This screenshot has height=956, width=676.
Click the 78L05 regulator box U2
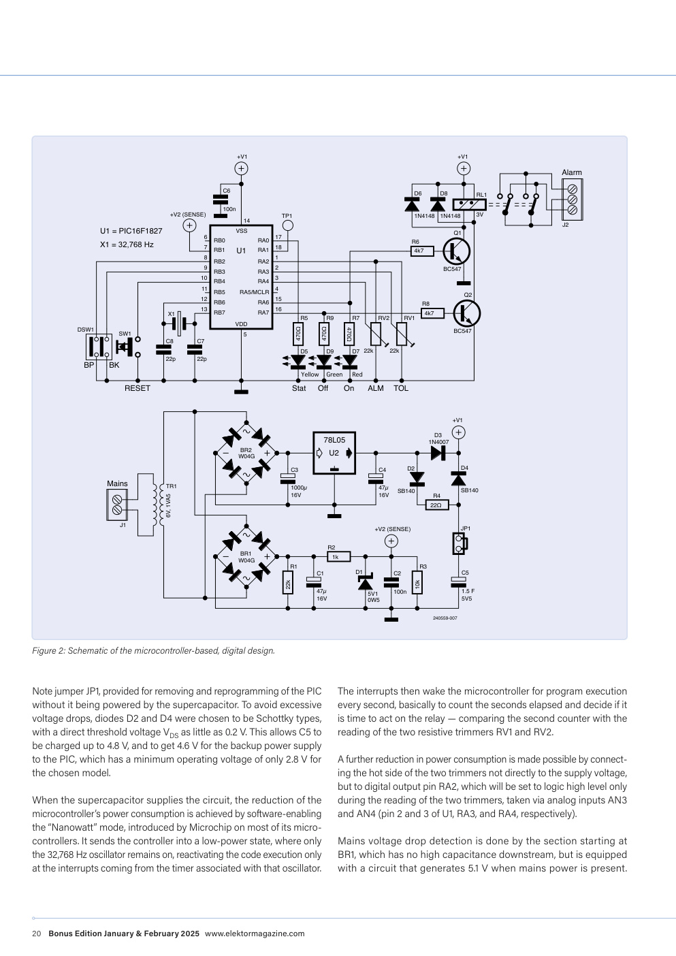click(x=334, y=453)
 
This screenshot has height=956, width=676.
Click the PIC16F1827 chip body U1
click(x=241, y=277)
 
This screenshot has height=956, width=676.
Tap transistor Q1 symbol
click(x=457, y=251)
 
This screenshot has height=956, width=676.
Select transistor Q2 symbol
click(x=467, y=313)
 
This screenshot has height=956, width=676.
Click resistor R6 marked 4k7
click(x=422, y=251)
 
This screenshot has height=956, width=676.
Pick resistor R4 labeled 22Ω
click(x=437, y=505)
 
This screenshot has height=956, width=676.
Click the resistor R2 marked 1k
click(x=339, y=556)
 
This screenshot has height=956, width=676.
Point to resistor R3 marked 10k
click(x=417, y=582)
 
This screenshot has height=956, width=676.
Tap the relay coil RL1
click(x=470, y=204)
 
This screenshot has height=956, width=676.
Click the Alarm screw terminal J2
click(x=573, y=200)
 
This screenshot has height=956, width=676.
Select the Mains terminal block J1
click(x=117, y=505)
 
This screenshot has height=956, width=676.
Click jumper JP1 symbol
click(x=460, y=544)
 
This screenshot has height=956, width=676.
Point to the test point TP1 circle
click(x=288, y=225)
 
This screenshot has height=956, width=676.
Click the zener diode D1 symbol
click(x=366, y=582)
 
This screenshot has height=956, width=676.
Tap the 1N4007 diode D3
click(x=438, y=453)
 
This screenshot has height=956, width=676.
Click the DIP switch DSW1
click(x=99, y=347)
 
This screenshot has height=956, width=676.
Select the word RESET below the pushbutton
click(x=138, y=388)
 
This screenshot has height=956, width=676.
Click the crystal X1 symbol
click(x=179, y=323)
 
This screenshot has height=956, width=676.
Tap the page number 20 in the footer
click(x=37, y=934)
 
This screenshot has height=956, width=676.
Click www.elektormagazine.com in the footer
click(x=255, y=934)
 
